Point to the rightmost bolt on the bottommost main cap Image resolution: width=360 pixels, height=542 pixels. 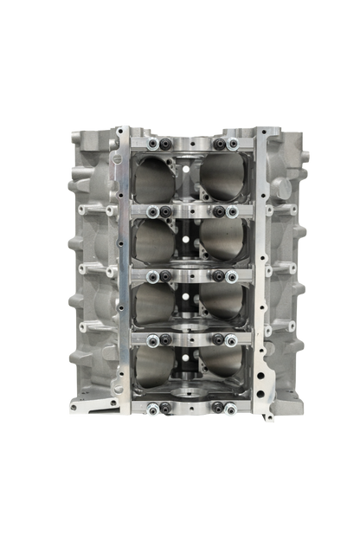(x=231, y=411)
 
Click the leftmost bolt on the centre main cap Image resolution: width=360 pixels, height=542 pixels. (x=152, y=276)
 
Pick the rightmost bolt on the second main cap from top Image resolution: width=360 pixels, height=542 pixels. (x=231, y=210)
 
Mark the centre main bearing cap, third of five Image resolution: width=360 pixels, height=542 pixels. (x=191, y=276)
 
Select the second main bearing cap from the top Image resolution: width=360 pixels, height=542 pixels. (x=191, y=210)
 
